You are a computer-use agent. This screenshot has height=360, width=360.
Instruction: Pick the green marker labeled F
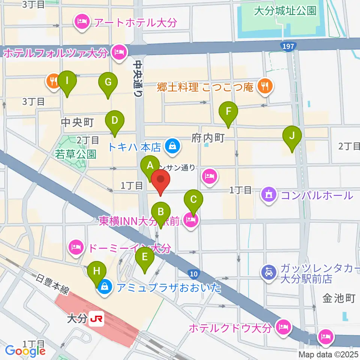228,111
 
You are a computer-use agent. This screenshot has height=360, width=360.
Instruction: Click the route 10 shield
193,274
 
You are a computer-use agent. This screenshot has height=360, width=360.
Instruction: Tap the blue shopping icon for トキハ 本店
171,145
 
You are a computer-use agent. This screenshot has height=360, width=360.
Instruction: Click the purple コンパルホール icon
269,195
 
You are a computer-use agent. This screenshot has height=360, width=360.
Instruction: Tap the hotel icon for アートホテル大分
81,22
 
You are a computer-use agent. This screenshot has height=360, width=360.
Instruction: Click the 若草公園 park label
76,154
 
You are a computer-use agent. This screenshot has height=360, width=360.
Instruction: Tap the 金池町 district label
339,298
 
